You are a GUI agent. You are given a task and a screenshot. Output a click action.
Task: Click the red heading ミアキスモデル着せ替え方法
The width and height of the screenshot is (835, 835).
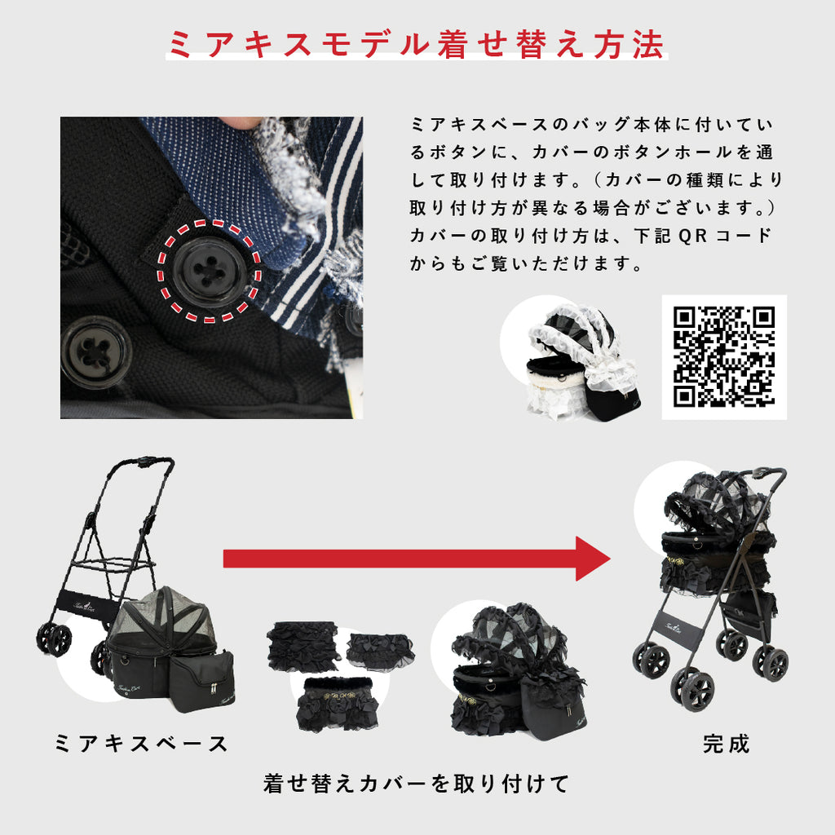click(x=417, y=44)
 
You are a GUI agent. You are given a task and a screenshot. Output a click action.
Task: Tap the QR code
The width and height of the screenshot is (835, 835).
click(x=724, y=357)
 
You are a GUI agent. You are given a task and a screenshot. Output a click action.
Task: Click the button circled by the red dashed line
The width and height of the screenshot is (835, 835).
click(x=210, y=272)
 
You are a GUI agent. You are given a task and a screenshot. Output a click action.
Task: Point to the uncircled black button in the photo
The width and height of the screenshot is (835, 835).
click(x=96, y=352)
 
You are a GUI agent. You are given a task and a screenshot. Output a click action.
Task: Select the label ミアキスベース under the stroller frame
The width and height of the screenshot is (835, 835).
click(x=142, y=744)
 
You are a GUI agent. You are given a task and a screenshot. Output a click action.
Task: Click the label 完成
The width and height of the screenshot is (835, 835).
click(x=726, y=744)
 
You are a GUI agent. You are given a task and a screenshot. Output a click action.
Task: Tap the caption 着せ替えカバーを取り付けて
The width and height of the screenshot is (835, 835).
click(x=417, y=784)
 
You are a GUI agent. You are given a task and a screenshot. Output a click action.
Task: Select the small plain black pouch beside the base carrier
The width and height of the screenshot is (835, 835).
click(x=202, y=680)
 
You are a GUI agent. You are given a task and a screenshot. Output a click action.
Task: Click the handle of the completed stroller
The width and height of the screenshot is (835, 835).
click(x=771, y=472)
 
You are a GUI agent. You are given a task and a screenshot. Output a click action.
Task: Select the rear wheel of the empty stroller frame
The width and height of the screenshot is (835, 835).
click(x=54, y=639)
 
